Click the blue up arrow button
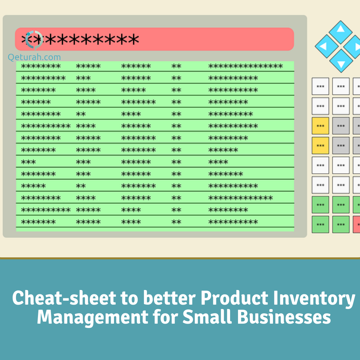(x=340, y=32)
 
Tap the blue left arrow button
(x=326, y=46)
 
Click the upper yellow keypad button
(x=320, y=126)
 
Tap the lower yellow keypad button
(x=320, y=146)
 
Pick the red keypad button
(x=357, y=224)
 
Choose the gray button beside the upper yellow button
(x=341, y=126)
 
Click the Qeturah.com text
(x=34, y=57)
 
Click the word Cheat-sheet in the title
(x=64, y=298)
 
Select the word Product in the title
(x=234, y=298)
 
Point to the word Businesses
(x=284, y=317)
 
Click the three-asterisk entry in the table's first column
(x=28, y=162)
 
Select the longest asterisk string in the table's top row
(x=246, y=66)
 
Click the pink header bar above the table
(x=155, y=39)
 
